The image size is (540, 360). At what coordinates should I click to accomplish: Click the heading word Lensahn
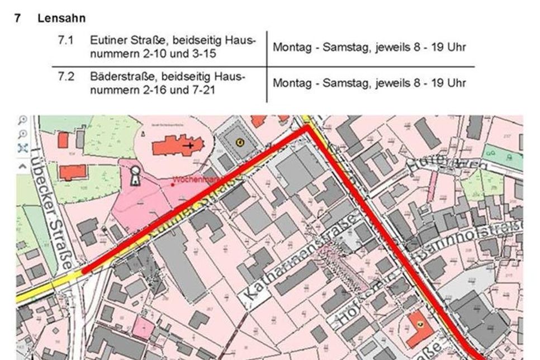[x=61, y=18]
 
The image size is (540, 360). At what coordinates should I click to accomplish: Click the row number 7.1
[x=67, y=41]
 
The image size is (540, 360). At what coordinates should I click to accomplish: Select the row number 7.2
[x=67, y=77]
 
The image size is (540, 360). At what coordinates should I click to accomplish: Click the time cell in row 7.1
[x=369, y=48]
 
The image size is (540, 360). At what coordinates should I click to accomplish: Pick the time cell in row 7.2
[x=369, y=83]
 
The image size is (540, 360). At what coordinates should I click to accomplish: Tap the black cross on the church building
[x=191, y=145]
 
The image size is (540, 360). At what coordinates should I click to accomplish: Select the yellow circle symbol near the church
[x=240, y=142]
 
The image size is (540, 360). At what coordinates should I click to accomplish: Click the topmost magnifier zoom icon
[x=23, y=120]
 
